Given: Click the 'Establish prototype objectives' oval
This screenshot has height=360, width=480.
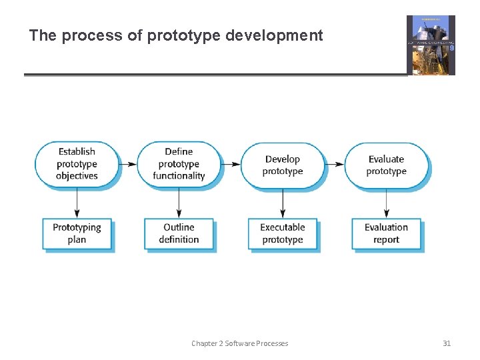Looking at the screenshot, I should pyautogui.click(x=77, y=164).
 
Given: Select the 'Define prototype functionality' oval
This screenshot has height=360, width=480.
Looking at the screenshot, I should pyautogui.click(x=179, y=164).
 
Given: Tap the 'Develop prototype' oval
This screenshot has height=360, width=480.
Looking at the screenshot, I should pyautogui.click(x=282, y=165).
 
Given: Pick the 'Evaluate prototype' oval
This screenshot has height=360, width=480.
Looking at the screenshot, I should pyautogui.click(x=386, y=165).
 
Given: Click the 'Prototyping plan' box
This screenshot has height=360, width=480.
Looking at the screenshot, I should pyautogui.click(x=77, y=233).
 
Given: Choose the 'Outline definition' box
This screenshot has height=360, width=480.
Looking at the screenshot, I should pyautogui.click(x=179, y=233).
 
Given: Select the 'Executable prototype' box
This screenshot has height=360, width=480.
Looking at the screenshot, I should pyautogui.click(x=282, y=233).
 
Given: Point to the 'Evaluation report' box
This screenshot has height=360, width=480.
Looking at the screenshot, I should pyautogui.click(x=386, y=233).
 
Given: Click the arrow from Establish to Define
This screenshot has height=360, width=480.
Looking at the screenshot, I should pyautogui.click(x=128, y=164).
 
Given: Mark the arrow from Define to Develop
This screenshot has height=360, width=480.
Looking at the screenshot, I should pyautogui.click(x=231, y=164).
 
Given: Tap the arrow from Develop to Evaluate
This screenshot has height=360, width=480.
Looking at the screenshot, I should pyautogui.click(x=334, y=164).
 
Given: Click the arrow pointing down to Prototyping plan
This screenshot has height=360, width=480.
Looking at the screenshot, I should pyautogui.click(x=77, y=202).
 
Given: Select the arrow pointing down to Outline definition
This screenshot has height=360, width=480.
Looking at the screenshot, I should pyautogui.click(x=179, y=202).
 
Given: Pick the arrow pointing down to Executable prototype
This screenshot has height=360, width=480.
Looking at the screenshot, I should pyautogui.click(x=282, y=202).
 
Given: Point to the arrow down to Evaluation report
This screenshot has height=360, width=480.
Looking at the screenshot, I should pyautogui.click(x=386, y=202).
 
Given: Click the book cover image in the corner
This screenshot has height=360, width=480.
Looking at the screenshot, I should pyautogui.click(x=431, y=45).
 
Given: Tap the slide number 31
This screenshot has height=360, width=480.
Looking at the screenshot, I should pyautogui.click(x=447, y=343).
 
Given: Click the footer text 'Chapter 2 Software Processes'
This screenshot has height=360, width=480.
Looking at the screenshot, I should pyautogui.click(x=239, y=343).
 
